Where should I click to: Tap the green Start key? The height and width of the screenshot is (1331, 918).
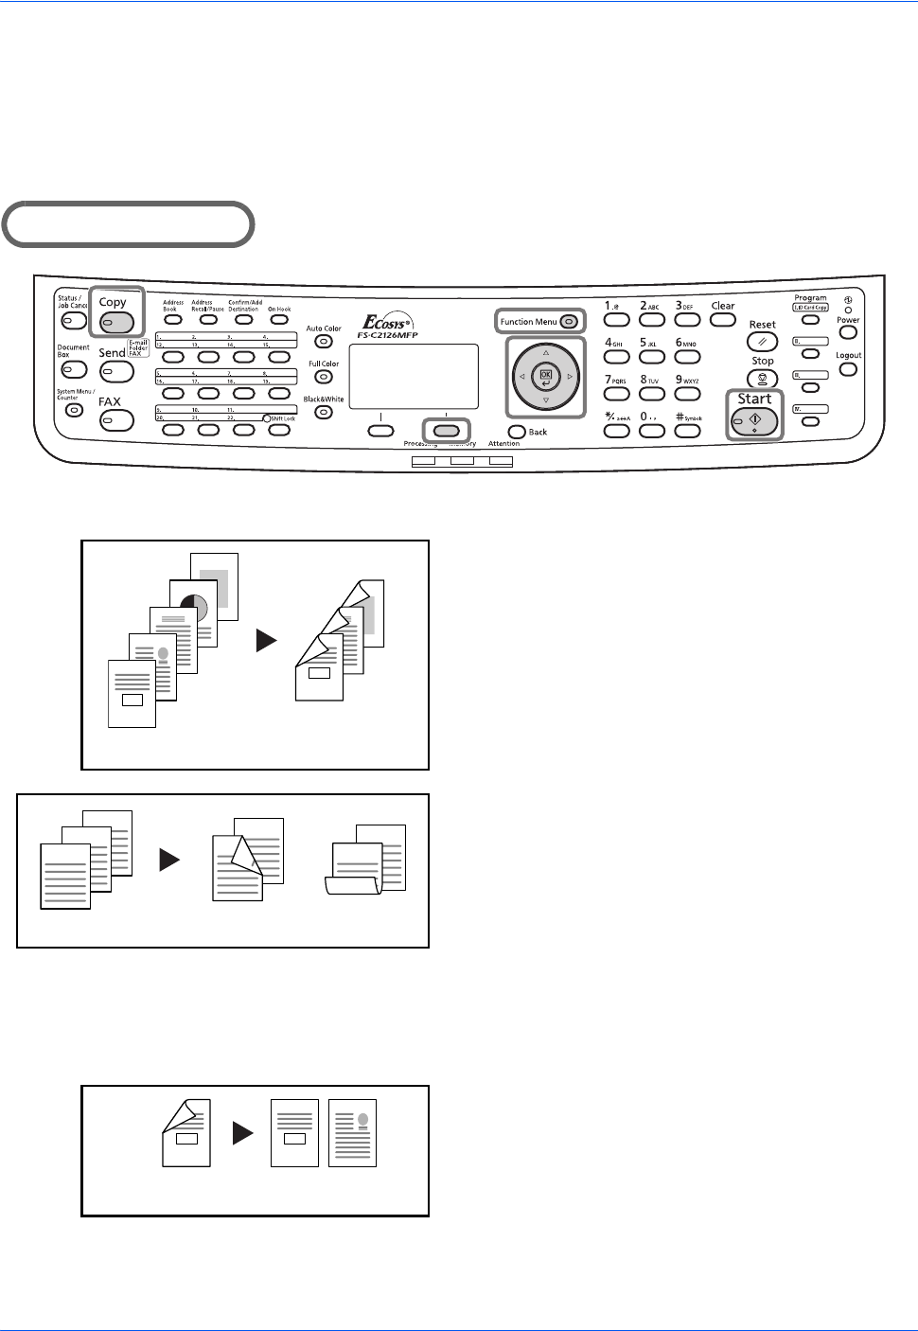click(x=754, y=422)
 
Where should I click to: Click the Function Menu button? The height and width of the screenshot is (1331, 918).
click(x=569, y=322)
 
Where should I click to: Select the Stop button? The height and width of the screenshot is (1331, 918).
click(x=762, y=379)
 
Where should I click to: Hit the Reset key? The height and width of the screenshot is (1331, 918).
click(x=762, y=342)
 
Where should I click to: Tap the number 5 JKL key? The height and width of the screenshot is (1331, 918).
click(x=651, y=357)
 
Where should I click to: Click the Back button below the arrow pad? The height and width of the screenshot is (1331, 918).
click(x=517, y=433)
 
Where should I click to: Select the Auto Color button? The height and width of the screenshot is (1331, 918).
click(x=324, y=342)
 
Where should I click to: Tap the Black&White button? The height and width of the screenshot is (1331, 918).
click(x=324, y=413)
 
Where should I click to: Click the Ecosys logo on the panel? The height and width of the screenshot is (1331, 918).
click(x=387, y=324)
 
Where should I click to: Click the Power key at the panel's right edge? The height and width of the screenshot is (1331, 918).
click(x=848, y=333)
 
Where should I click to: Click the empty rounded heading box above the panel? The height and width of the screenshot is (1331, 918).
click(x=129, y=224)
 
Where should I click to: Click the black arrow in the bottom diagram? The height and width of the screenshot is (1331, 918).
click(x=243, y=1132)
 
